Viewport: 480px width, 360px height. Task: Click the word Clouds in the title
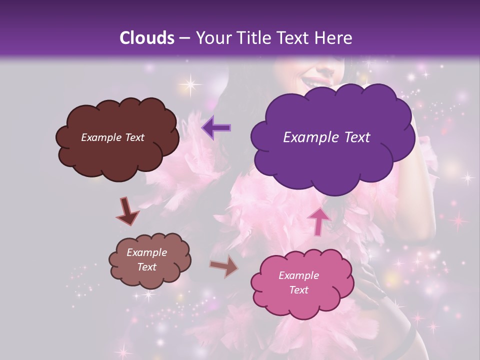[x=147, y=38]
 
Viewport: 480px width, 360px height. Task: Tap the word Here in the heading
[x=333, y=38]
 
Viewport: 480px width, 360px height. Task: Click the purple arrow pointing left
[x=216, y=127]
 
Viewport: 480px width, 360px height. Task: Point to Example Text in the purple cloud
[x=326, y=137]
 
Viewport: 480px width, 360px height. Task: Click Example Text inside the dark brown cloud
[x=112, y=137]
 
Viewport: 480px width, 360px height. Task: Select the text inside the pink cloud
[x=298, y=282]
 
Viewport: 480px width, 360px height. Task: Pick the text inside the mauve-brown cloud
[x=146, y=259]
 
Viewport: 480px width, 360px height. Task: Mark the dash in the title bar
[x=184, y=38]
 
